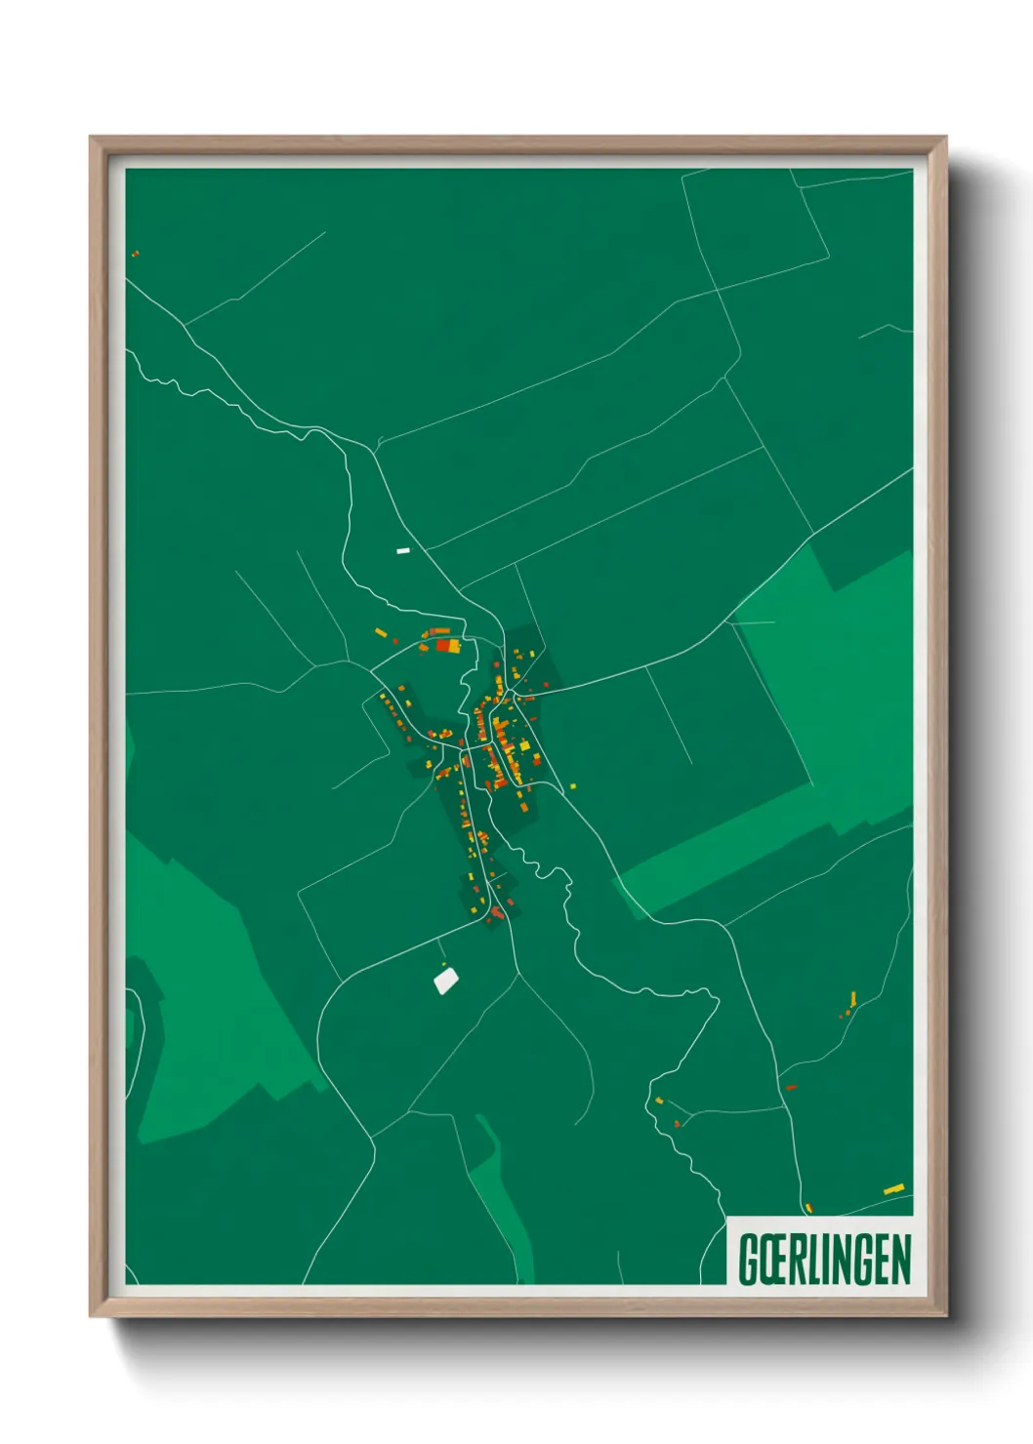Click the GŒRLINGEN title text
coord(824,1259)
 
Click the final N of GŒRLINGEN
coord(900,1259)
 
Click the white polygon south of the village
coord(446,979)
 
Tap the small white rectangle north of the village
coord(403,551)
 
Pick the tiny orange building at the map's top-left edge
coord(135,254)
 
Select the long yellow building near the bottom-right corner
coord(893,1189)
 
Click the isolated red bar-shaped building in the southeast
coord(791,1087)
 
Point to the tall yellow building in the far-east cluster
coord(852,998)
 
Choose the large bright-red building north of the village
coord(447,645)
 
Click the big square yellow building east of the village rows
coord(523,746)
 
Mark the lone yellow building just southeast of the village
coord(573,785)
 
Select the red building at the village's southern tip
coord(497,913)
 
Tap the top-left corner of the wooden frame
coord(92,138)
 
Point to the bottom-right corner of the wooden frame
coord(945,1315)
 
